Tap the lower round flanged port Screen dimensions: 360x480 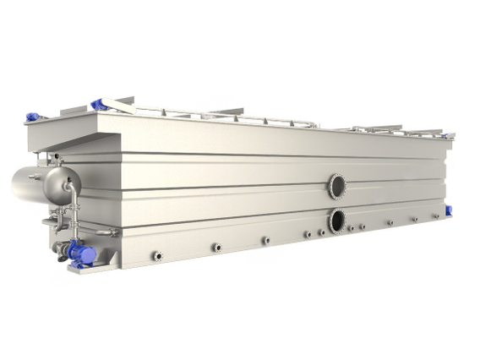click(337, 221)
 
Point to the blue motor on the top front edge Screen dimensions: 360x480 click(98, 104)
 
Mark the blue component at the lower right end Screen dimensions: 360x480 click(447, 211)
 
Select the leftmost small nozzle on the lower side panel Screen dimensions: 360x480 click(157, 254)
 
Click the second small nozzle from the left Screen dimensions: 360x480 click(216, 247)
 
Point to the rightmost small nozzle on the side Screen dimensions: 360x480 click(415, 220)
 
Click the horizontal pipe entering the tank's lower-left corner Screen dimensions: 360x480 click(101, 232)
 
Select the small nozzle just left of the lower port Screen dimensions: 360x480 click(322, 232)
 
